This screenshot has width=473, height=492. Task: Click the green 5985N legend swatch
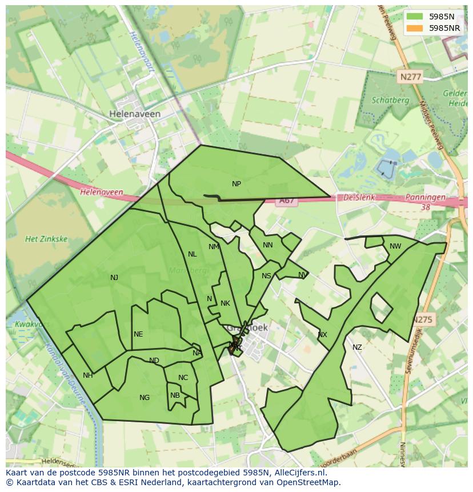tap(415, 17)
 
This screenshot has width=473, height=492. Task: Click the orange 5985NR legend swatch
tap(415, 28)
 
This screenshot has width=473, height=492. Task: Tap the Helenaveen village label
tap(135, 114)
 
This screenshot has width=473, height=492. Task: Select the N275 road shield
tap(423, 320)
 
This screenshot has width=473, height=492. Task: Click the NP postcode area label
tap(236, 184)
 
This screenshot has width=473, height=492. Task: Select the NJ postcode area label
tap(114, 278)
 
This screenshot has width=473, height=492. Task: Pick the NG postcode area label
tap(145, 398)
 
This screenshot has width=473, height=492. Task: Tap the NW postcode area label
tap(395, 246)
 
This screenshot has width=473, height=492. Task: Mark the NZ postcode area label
tap(357, 347)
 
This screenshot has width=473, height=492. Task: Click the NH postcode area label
tap(87, 375)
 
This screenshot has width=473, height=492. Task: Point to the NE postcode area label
tap(138, 334)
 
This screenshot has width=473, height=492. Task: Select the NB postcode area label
tap(175, 395)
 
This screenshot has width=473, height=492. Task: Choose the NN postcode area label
tap(268, 245)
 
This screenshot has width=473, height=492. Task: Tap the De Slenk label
tap(355, 198)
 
